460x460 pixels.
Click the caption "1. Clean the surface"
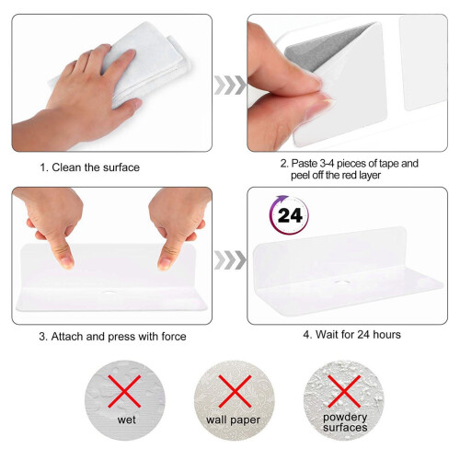tap(89, 167)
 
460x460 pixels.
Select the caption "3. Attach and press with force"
tap(112, 337)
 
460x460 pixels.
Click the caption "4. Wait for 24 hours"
tap(351, 334)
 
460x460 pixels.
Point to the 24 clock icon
tap(289, 215)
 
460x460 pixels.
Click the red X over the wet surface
tap(124, 391)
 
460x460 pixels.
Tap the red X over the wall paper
tap(235, 391)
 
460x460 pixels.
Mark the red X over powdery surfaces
tap(344, 391)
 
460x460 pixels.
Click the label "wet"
tap(126, 420)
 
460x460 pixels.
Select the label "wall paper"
tap(233, 420)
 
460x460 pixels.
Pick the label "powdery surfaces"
tap(345, 422)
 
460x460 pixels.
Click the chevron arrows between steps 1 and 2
tap(230, 85)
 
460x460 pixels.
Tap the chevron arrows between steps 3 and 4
tap(230, 259)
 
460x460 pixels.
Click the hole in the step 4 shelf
tap(340, 282)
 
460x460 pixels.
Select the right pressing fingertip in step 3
tap(165, 263)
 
